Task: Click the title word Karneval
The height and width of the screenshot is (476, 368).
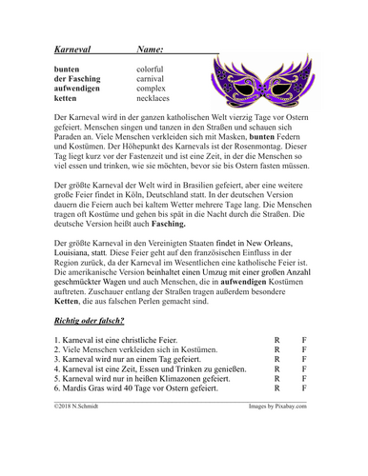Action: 72,48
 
